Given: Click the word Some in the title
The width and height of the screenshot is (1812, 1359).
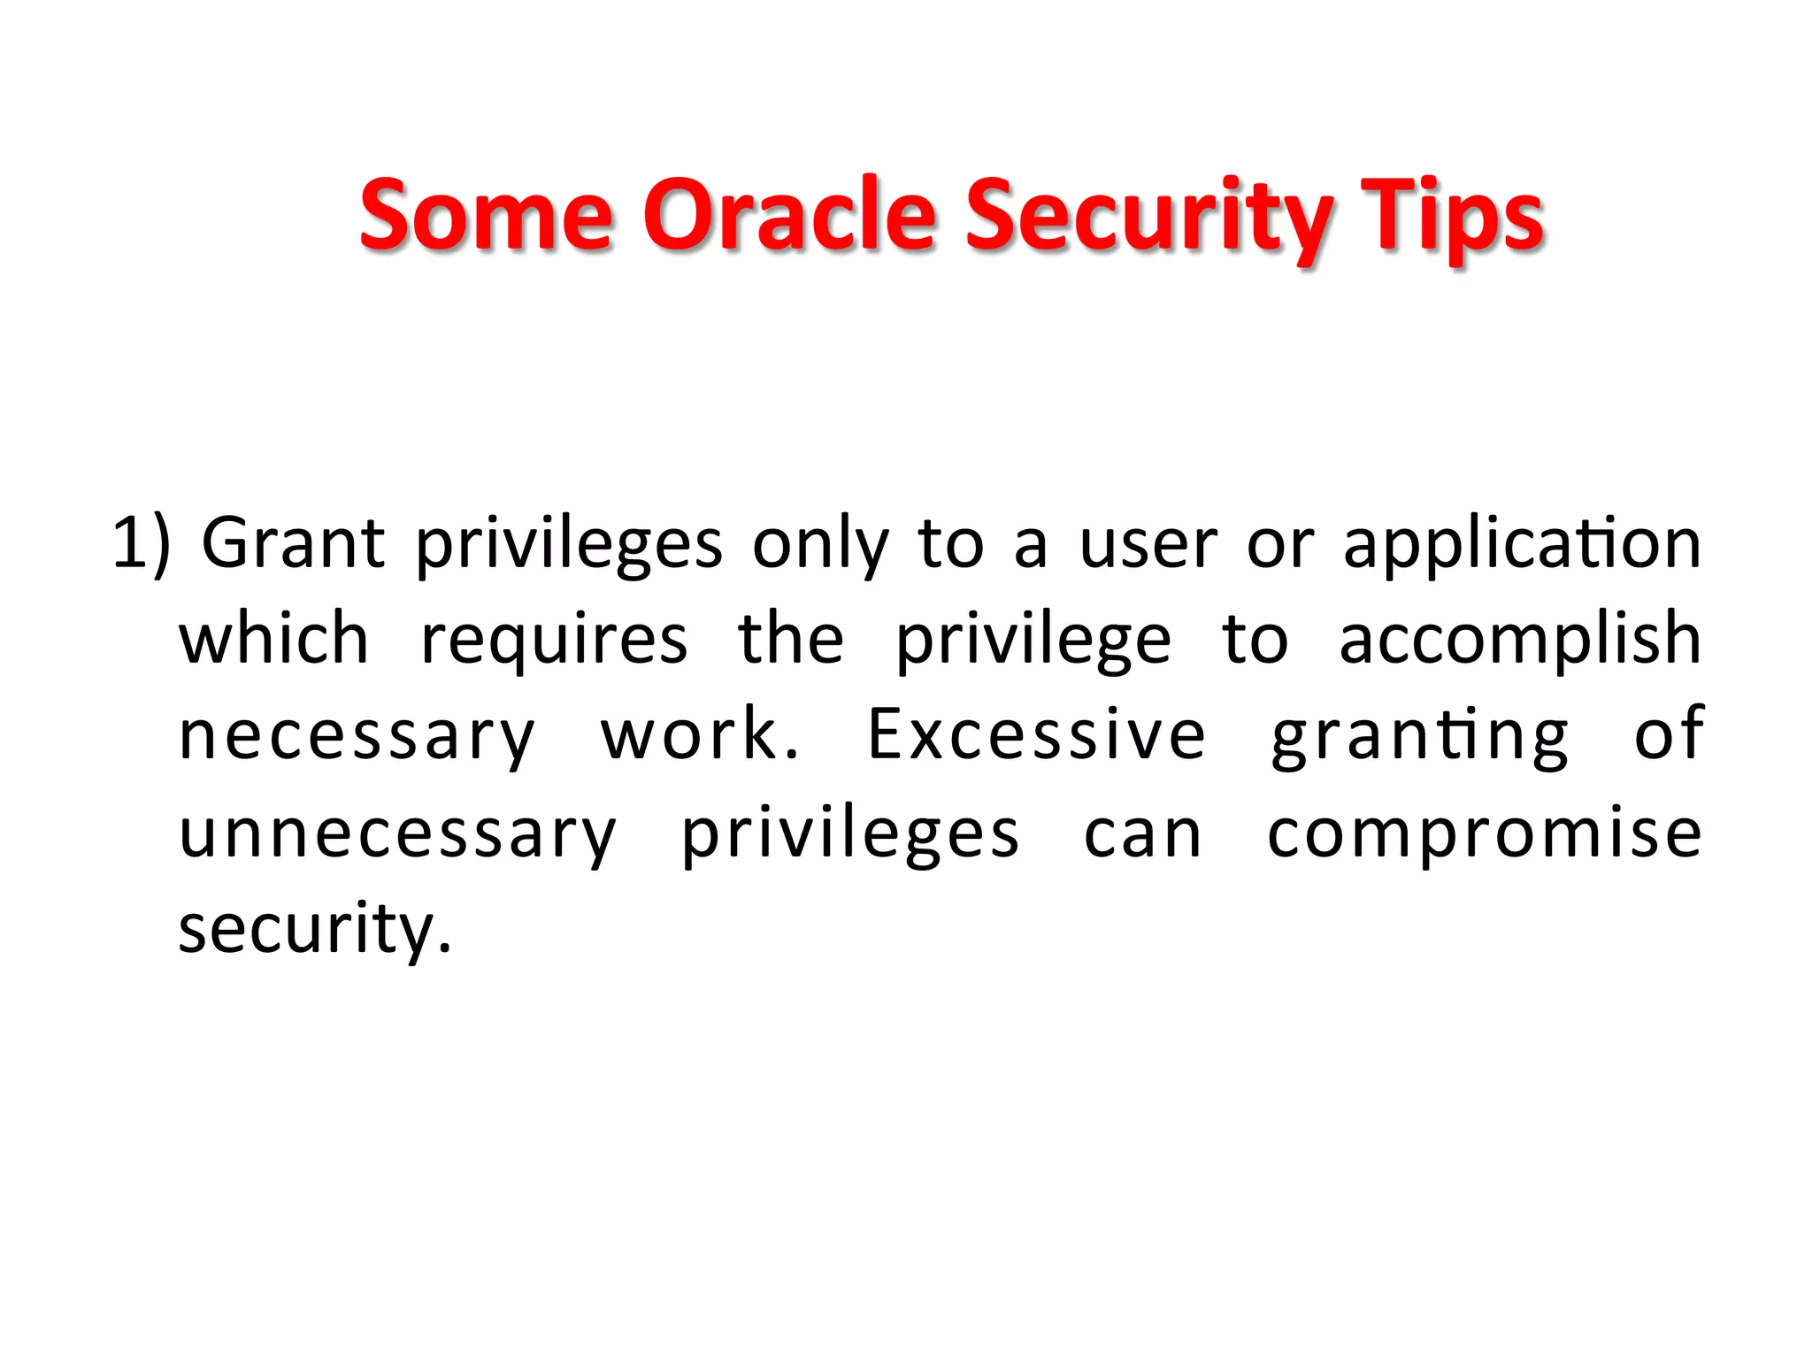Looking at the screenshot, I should (x=486, y=215).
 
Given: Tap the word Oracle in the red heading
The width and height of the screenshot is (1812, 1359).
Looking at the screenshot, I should (x=788, y=215).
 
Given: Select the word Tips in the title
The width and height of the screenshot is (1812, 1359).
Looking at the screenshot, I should (x=1452, y=215).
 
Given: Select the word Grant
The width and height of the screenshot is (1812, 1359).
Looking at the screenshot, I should (x=293, y=544).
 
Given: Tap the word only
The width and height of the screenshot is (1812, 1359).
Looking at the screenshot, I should (x=820, y=544).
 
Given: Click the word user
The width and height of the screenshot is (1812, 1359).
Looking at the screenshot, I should (x=1148, y=544).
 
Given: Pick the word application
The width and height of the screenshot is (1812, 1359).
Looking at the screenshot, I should (x=1522, y=544).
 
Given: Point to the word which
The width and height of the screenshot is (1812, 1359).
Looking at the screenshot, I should (x=273, y=640).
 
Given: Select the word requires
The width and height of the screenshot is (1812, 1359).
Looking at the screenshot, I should (x=554, y=640).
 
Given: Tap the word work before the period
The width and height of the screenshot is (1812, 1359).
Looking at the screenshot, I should (x=689, y=735).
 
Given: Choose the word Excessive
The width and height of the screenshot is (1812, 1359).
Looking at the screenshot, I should (x=1036, y=735).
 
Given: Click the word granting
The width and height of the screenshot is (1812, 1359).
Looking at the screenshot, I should (x=1420, y=735).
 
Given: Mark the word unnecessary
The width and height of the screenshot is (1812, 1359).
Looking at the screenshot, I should (x=397, y=833).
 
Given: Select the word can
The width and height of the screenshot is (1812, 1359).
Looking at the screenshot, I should (x=1142, y=833).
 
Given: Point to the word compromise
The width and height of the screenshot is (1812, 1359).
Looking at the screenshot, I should (x=1484, y=833).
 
